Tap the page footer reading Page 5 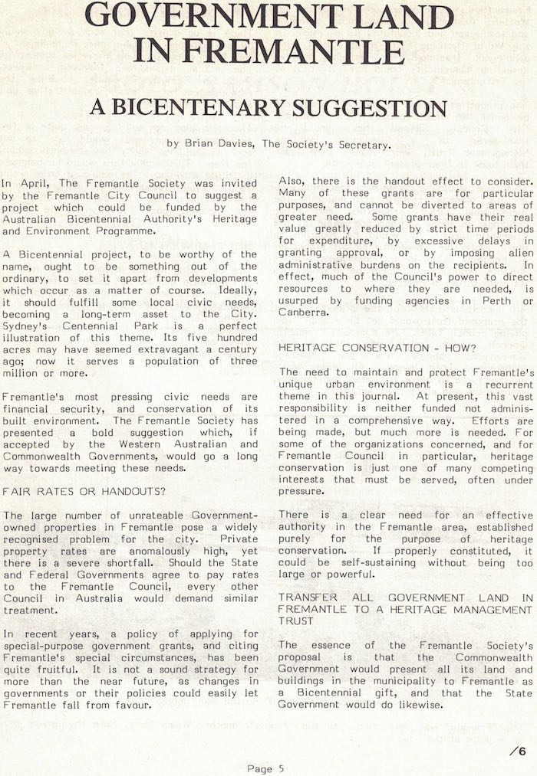pyautogui.click(x=265, y=768)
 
